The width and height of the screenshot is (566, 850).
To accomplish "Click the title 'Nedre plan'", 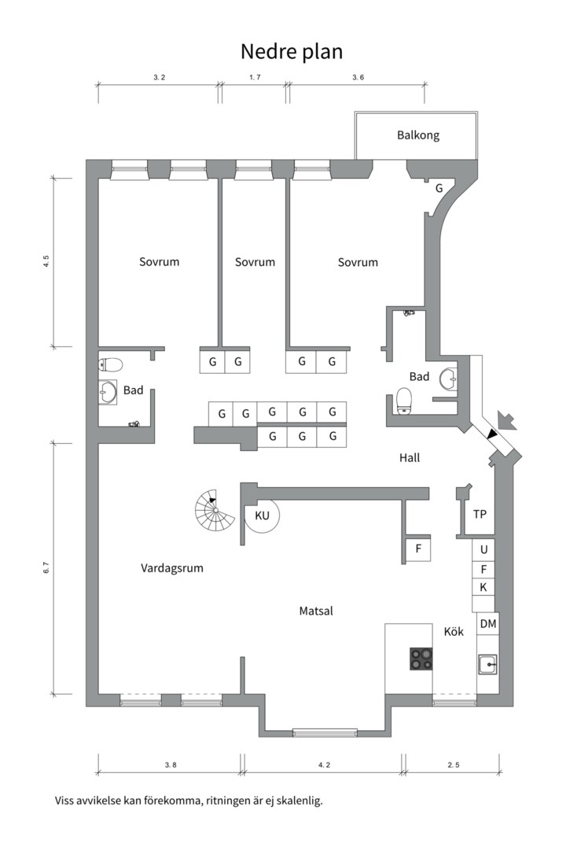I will pyautogui.click(x=292, y=51).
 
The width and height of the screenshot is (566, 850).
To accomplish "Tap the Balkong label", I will pyautogui.click(x=417, y=135).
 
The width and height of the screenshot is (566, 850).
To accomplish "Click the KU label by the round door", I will pyautogui.click(x=262, y=516).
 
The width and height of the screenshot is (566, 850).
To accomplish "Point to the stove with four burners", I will pyautogui.click(x=421, y=658).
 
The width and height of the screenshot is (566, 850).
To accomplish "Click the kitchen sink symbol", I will pyautogui.click(x=487, y=664).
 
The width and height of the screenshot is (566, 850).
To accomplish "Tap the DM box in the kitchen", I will pyautogui.click(x=487, y=624).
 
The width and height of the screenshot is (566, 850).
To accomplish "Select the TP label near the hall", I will pyautogui.click(x=480, y=515).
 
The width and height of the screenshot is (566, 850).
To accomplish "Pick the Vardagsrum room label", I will pyautogui.click(x=172, y=567).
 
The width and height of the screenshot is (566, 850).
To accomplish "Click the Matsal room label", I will pyautogui.click(x=316, y=611).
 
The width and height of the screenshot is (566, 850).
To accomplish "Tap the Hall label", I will pyautogui.click(x=410, y=457).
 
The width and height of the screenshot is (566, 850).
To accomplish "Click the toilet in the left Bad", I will pyautogui.click(x=110, y=364).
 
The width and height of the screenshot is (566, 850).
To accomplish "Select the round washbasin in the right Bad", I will pyautogui.click(x=449, y=379).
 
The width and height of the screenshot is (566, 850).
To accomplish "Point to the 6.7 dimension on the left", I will pyautogui.click(x=46, y=567).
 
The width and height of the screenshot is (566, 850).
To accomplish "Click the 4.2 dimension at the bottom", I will pyautogui.click(x=324, y=764).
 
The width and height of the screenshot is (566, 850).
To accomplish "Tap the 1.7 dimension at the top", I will pyautogui.click(x=255, y=77).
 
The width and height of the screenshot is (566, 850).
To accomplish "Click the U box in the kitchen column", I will pyautogui.click(x=484, y=549).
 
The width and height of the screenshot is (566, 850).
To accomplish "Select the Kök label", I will pyautogui.click(x=454, y=631).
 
